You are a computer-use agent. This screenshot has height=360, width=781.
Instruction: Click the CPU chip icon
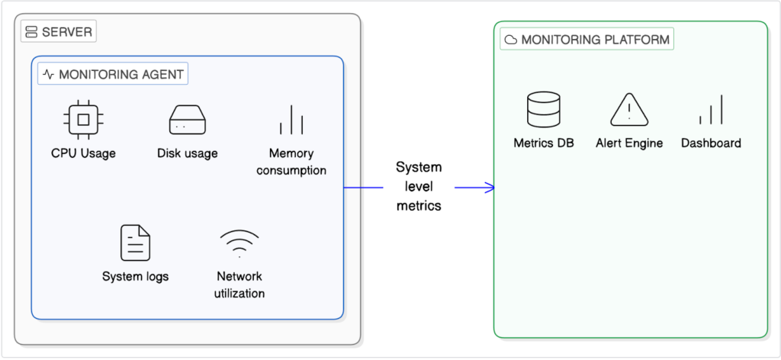83,119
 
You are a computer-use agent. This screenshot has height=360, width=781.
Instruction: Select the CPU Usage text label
83,153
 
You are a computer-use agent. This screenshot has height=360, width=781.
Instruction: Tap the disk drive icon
188,120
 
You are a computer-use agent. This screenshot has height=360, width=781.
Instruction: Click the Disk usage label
188,153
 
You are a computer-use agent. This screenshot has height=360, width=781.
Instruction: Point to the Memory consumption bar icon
291,120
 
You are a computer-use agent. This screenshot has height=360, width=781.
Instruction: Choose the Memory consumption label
291,162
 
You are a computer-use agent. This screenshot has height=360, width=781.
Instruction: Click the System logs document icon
135,243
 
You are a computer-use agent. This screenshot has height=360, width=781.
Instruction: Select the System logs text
135,276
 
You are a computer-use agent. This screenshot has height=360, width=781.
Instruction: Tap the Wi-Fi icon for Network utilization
240,243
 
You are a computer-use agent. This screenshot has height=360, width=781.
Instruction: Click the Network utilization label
240,284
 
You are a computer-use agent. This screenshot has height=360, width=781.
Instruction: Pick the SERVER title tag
58,32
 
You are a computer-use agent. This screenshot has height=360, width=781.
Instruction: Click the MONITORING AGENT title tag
113,74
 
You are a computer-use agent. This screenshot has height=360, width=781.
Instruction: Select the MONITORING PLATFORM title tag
587,39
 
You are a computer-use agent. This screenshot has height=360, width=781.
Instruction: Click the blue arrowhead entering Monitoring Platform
490,187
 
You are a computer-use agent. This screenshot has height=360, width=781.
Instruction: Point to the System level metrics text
419,186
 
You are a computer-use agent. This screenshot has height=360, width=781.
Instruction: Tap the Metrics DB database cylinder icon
544,110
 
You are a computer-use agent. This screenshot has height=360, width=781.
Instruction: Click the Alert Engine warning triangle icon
629,110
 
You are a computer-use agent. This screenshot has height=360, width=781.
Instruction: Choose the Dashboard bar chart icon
711,111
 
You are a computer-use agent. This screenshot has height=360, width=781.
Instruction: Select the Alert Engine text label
629,143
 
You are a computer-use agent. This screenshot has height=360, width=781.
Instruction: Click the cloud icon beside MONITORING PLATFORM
511,40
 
